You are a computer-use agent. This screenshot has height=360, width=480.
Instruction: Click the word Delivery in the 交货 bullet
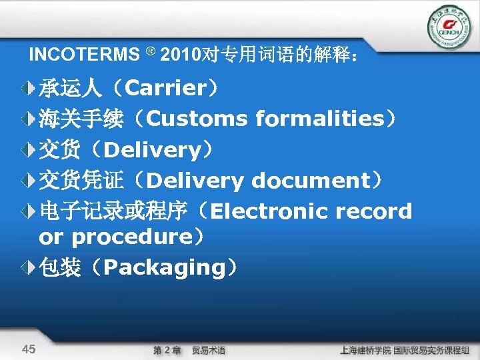pos(153,150)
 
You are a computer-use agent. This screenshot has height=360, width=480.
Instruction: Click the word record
pos(375,211)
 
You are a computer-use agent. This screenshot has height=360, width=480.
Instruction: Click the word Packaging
pos(165,267)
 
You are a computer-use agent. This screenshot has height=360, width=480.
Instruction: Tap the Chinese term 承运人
pos(70,88)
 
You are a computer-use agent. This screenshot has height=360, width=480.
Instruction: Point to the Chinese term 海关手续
pos(80,119)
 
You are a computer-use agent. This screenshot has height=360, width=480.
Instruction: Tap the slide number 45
pos(29,349)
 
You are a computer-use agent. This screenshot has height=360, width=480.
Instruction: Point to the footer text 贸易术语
pos(208,350)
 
